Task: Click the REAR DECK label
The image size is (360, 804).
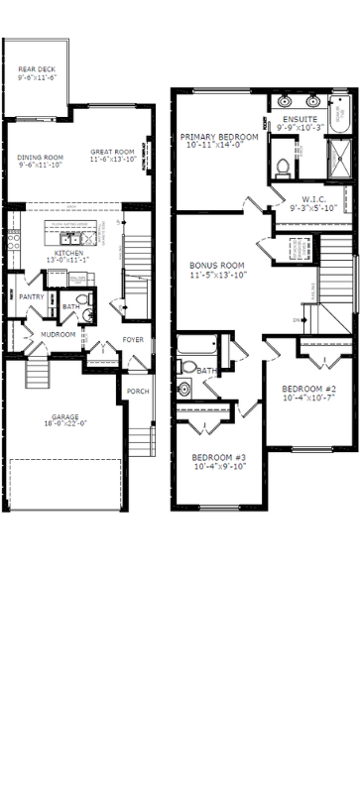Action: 37,68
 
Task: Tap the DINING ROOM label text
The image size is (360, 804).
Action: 40,157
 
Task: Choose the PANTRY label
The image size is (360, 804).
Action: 31,296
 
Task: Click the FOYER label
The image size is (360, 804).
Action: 133,340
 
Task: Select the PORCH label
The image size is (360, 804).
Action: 138,391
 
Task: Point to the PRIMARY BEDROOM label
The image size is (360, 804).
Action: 218,137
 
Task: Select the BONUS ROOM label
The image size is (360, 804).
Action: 216,266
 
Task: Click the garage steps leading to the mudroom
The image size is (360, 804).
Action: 38,374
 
